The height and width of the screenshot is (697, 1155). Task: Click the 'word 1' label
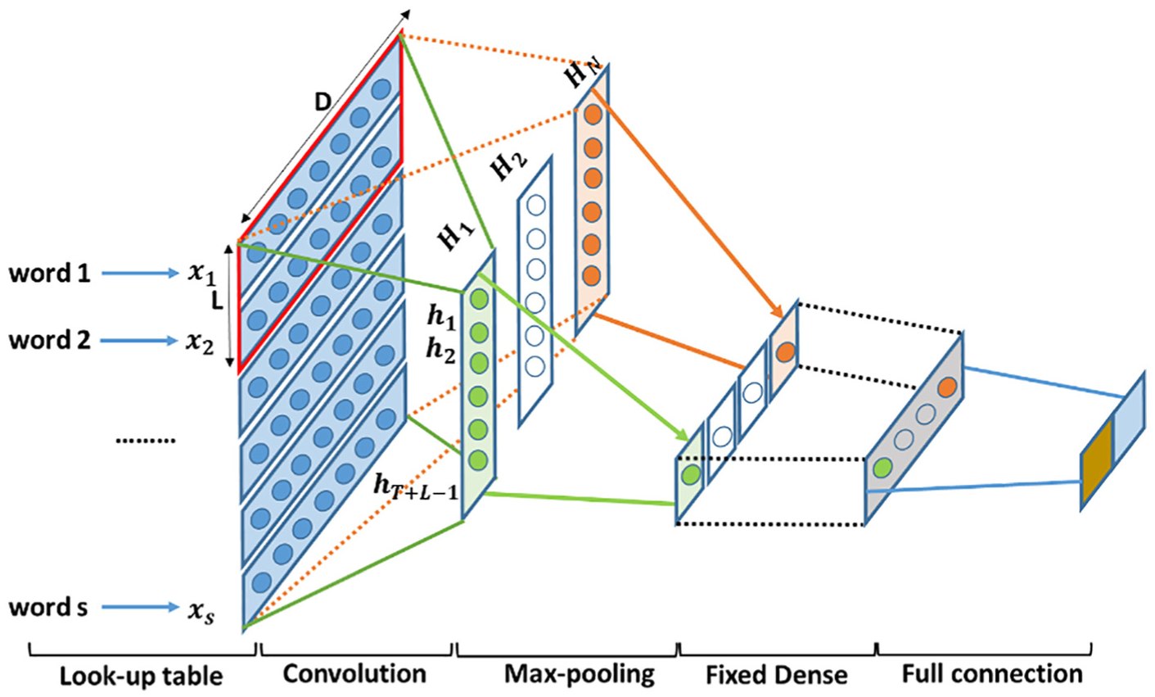pos(49,273)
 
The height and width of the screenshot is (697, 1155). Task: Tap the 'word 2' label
pos(49,340)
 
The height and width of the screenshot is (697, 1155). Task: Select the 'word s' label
pos(48,607)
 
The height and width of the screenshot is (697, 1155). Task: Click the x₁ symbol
pos(201,274)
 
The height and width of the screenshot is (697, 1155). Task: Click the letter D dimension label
pos(323,102)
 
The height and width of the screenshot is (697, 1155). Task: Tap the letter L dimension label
pos(218,302)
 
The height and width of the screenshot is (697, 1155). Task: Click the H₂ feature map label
pos(508,166)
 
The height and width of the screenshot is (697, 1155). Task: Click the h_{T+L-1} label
pos(416,488)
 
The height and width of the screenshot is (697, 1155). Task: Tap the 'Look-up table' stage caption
pos(142,676)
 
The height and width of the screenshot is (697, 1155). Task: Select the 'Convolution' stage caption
pos(354,674)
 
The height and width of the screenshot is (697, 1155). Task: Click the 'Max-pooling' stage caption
pos(580,675)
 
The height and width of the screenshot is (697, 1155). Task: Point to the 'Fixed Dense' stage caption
pos(777,675)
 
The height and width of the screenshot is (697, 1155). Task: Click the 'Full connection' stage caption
pos(992,674)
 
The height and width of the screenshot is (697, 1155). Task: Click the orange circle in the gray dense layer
pos(947,387)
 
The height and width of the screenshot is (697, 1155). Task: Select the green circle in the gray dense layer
pos(882,468)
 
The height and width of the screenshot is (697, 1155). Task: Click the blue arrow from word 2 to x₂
pos(139,341)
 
